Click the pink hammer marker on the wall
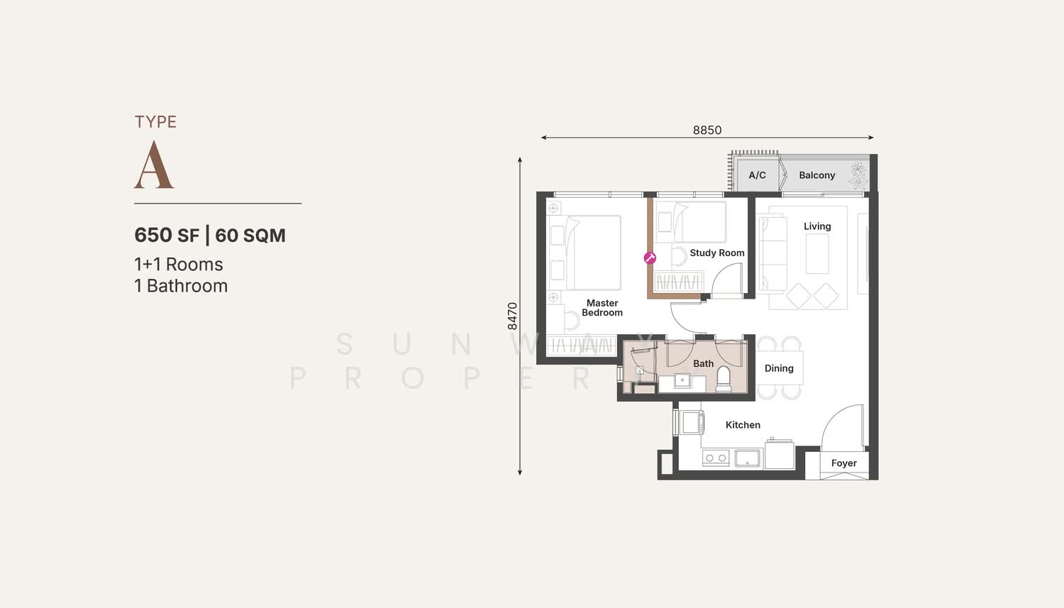(650, 258)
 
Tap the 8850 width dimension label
(706, 130)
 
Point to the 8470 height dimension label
(512, 316)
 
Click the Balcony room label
(816, 175)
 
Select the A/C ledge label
(757, 175)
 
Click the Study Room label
(716, 253)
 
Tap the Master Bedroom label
(602, 307)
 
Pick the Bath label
(703, 363)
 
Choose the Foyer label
(843, 463)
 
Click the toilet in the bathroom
(724, 379)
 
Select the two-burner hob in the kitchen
(716, 458)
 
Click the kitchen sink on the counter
(748, 458)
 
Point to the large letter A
(154, 165)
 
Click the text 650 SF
(167, 235)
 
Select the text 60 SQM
(250, 235)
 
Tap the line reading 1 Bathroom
(181, 285)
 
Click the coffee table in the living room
(817, 254)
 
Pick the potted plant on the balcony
(858, 175)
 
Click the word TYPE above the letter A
(155, 121)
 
